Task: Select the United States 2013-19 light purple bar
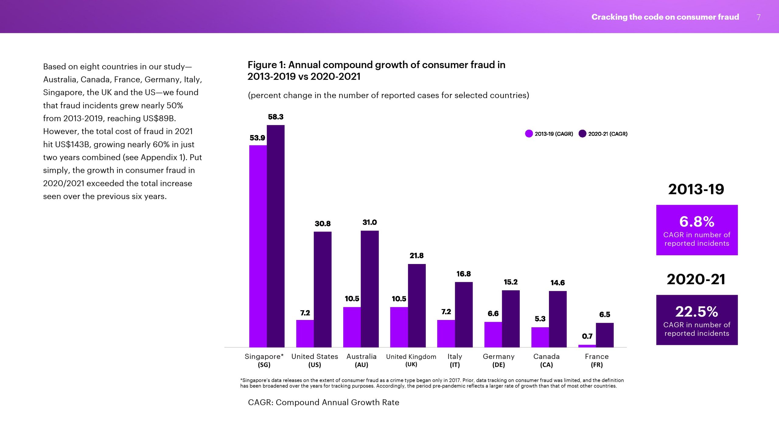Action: pyautogui.click(x=305, y=333)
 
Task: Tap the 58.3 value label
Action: pyautogui.click(x=276, y=117)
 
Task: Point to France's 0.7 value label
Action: pyautogui.click(x=587, y=336)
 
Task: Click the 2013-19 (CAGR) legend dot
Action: pyautogui.click(x=529, y=134)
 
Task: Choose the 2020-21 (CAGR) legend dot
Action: pyautogui.click(x=582, y=134)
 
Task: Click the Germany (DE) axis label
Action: pyautogui.click(x=498, y=360)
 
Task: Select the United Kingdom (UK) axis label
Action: pyautogui.click(x=411, y=360)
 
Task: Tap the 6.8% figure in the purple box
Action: pyautogui.click(x=697, y=221)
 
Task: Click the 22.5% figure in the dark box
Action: pyautogui.click(x=697, y=311)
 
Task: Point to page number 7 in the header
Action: pyautogui.click(x=759, y=17)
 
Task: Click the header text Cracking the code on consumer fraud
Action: pyautogui.click(x=665, y=17)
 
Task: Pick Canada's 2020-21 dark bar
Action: pyautogui.click(x=558, y=319)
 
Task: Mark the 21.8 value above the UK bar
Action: pyautogui.click(x=417, y=255)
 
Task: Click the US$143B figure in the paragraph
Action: pyautogui.click(x=72, y=144)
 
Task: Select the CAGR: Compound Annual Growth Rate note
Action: pyautogui.click(x=323, y=402)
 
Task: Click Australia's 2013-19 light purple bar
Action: pyautogui.click(x=352, y=327)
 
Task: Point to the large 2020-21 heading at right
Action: pyautogui.click(x=696, y=279)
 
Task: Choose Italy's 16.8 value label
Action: pyautogui.click(x=463, y=274)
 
